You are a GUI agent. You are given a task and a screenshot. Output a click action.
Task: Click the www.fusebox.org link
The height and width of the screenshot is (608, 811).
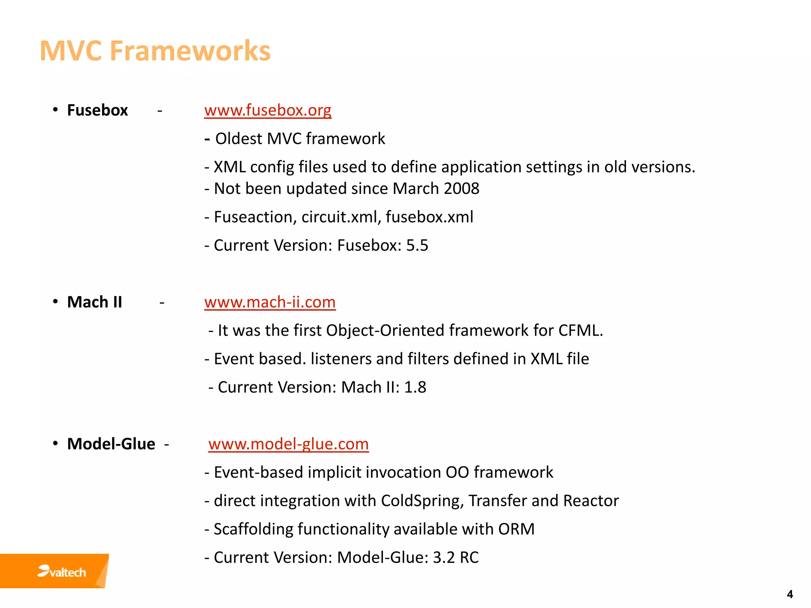(x=268, y=110)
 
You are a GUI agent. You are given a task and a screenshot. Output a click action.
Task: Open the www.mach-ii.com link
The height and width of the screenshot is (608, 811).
(x=270, y=302)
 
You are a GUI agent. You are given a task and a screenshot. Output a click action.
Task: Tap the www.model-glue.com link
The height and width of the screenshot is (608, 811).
(x=288, y=444)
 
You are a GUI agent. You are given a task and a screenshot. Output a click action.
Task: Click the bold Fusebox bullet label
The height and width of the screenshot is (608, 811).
(x=97, y=110)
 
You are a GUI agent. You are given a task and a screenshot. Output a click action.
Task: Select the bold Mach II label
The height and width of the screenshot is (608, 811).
(x=95, y=302)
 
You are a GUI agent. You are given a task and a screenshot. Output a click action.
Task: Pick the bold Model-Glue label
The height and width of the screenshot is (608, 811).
(x=111, y=444)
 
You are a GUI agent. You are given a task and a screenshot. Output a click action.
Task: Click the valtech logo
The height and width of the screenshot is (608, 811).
(x=62, y=572)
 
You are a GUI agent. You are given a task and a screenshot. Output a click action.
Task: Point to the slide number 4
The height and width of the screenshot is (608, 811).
(x=790, y=594)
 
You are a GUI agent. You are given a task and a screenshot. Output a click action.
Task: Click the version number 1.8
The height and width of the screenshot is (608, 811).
(x=415, y=387)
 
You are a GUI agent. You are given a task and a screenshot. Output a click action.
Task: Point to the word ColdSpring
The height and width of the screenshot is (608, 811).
(x=422, y=501)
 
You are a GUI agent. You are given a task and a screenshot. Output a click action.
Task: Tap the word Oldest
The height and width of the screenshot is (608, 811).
(x=239, y=139)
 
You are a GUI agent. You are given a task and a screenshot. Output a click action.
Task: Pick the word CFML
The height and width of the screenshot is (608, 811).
(x=580, y=331)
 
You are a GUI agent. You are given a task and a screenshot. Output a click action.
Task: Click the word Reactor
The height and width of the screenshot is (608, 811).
(x=591, y=501)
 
